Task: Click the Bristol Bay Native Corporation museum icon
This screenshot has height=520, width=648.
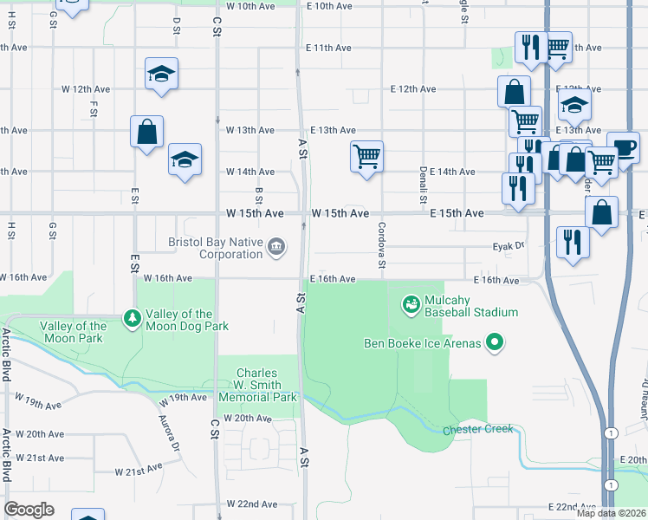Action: point(276,247)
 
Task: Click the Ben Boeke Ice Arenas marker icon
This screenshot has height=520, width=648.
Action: point(495,344)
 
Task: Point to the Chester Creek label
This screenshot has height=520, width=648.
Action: point(477,430)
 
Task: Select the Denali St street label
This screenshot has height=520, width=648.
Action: point(424,185)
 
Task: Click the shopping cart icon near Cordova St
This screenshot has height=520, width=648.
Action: point(366,157)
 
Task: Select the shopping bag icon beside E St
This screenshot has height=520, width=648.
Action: point(146,132)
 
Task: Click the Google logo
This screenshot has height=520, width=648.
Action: point(29,510)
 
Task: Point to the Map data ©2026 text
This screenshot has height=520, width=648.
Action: point(612,513)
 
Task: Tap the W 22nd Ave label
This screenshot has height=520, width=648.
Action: point(251,504)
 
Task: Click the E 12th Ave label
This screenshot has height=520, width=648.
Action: point(412,88)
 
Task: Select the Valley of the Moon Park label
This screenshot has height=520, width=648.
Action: point(74,332)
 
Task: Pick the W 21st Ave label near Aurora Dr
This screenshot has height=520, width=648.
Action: point(139,471)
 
